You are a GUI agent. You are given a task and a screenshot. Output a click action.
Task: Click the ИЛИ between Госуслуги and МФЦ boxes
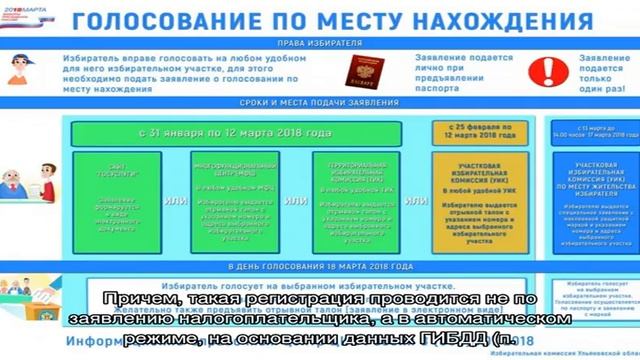tap(170, 200)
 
